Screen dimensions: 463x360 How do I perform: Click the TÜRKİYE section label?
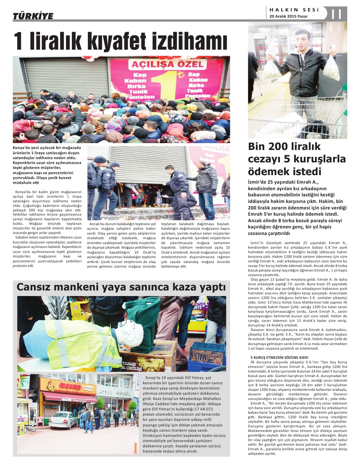click(33, 16)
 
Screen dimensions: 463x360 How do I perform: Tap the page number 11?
click(336, 14)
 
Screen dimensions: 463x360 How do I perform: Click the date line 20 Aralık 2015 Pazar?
click(288, 16)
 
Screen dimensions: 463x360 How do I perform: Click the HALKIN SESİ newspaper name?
click(294, 10)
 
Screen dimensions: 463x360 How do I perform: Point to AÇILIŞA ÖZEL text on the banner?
click(167, 64)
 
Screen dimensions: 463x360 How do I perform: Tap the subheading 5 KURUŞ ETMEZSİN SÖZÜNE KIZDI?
click(279, 357)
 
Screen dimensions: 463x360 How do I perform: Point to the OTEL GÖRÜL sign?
click(116, 393)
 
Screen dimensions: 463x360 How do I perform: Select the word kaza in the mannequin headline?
click(181, 287)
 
